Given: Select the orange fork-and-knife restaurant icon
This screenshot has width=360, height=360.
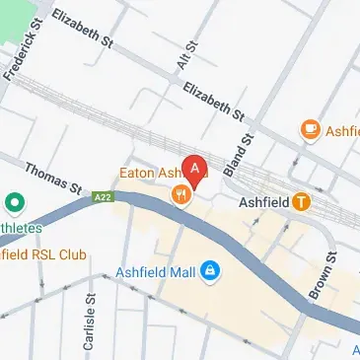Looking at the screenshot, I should click(x=180, y=195).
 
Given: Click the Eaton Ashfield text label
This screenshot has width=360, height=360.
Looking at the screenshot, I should click(x=153, y=173).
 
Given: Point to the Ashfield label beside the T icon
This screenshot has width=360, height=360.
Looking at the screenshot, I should click(x=264, y=203).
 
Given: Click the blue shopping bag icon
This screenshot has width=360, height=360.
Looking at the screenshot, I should click(x=209, y=269).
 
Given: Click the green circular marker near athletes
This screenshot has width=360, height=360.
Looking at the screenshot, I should click(x=15, y=206).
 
